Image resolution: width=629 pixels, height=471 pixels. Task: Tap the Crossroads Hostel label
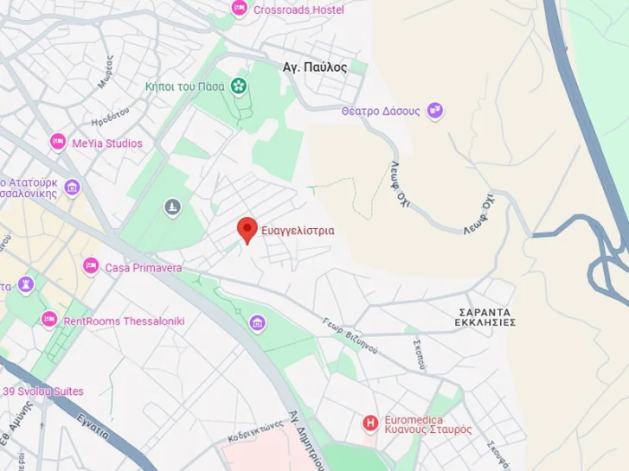298,10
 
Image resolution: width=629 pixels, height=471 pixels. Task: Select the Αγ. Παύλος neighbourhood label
315,67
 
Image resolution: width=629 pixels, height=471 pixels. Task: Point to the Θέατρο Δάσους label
381,111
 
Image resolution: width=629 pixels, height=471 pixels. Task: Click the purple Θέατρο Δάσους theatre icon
435,111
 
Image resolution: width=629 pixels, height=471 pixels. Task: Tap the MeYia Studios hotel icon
58,143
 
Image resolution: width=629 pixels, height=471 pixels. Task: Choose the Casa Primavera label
144,268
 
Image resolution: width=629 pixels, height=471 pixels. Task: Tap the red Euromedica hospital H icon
370,423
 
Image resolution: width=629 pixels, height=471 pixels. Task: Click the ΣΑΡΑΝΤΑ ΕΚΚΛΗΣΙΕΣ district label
485,316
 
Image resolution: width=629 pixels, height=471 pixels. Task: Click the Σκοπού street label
420,353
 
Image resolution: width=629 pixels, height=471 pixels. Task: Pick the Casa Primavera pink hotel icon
91,266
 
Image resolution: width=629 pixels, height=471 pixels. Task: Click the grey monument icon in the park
173,207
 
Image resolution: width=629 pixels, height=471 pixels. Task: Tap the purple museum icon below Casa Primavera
257,323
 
